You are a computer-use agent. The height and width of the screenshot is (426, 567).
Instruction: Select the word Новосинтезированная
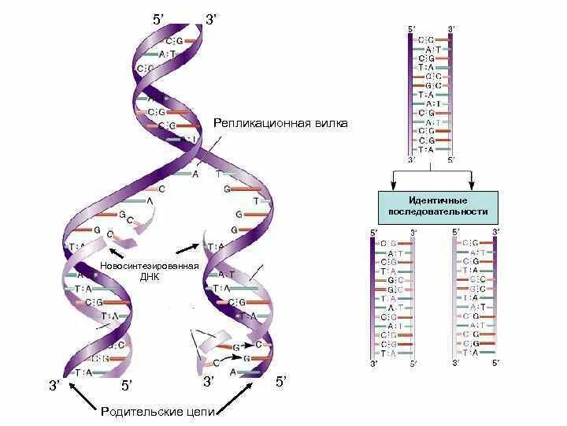tap(148, 267)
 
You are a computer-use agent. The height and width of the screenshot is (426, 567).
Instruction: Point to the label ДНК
tap(148, 278)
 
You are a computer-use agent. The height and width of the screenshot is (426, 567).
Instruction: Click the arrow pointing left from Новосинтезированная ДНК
tap(114, 252)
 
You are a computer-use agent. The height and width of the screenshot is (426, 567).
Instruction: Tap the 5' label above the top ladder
tap(411, 29)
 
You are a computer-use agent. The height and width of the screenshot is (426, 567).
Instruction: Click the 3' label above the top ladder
tap(450, 29)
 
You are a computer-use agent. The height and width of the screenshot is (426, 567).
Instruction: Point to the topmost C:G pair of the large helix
tap(174, 40)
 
